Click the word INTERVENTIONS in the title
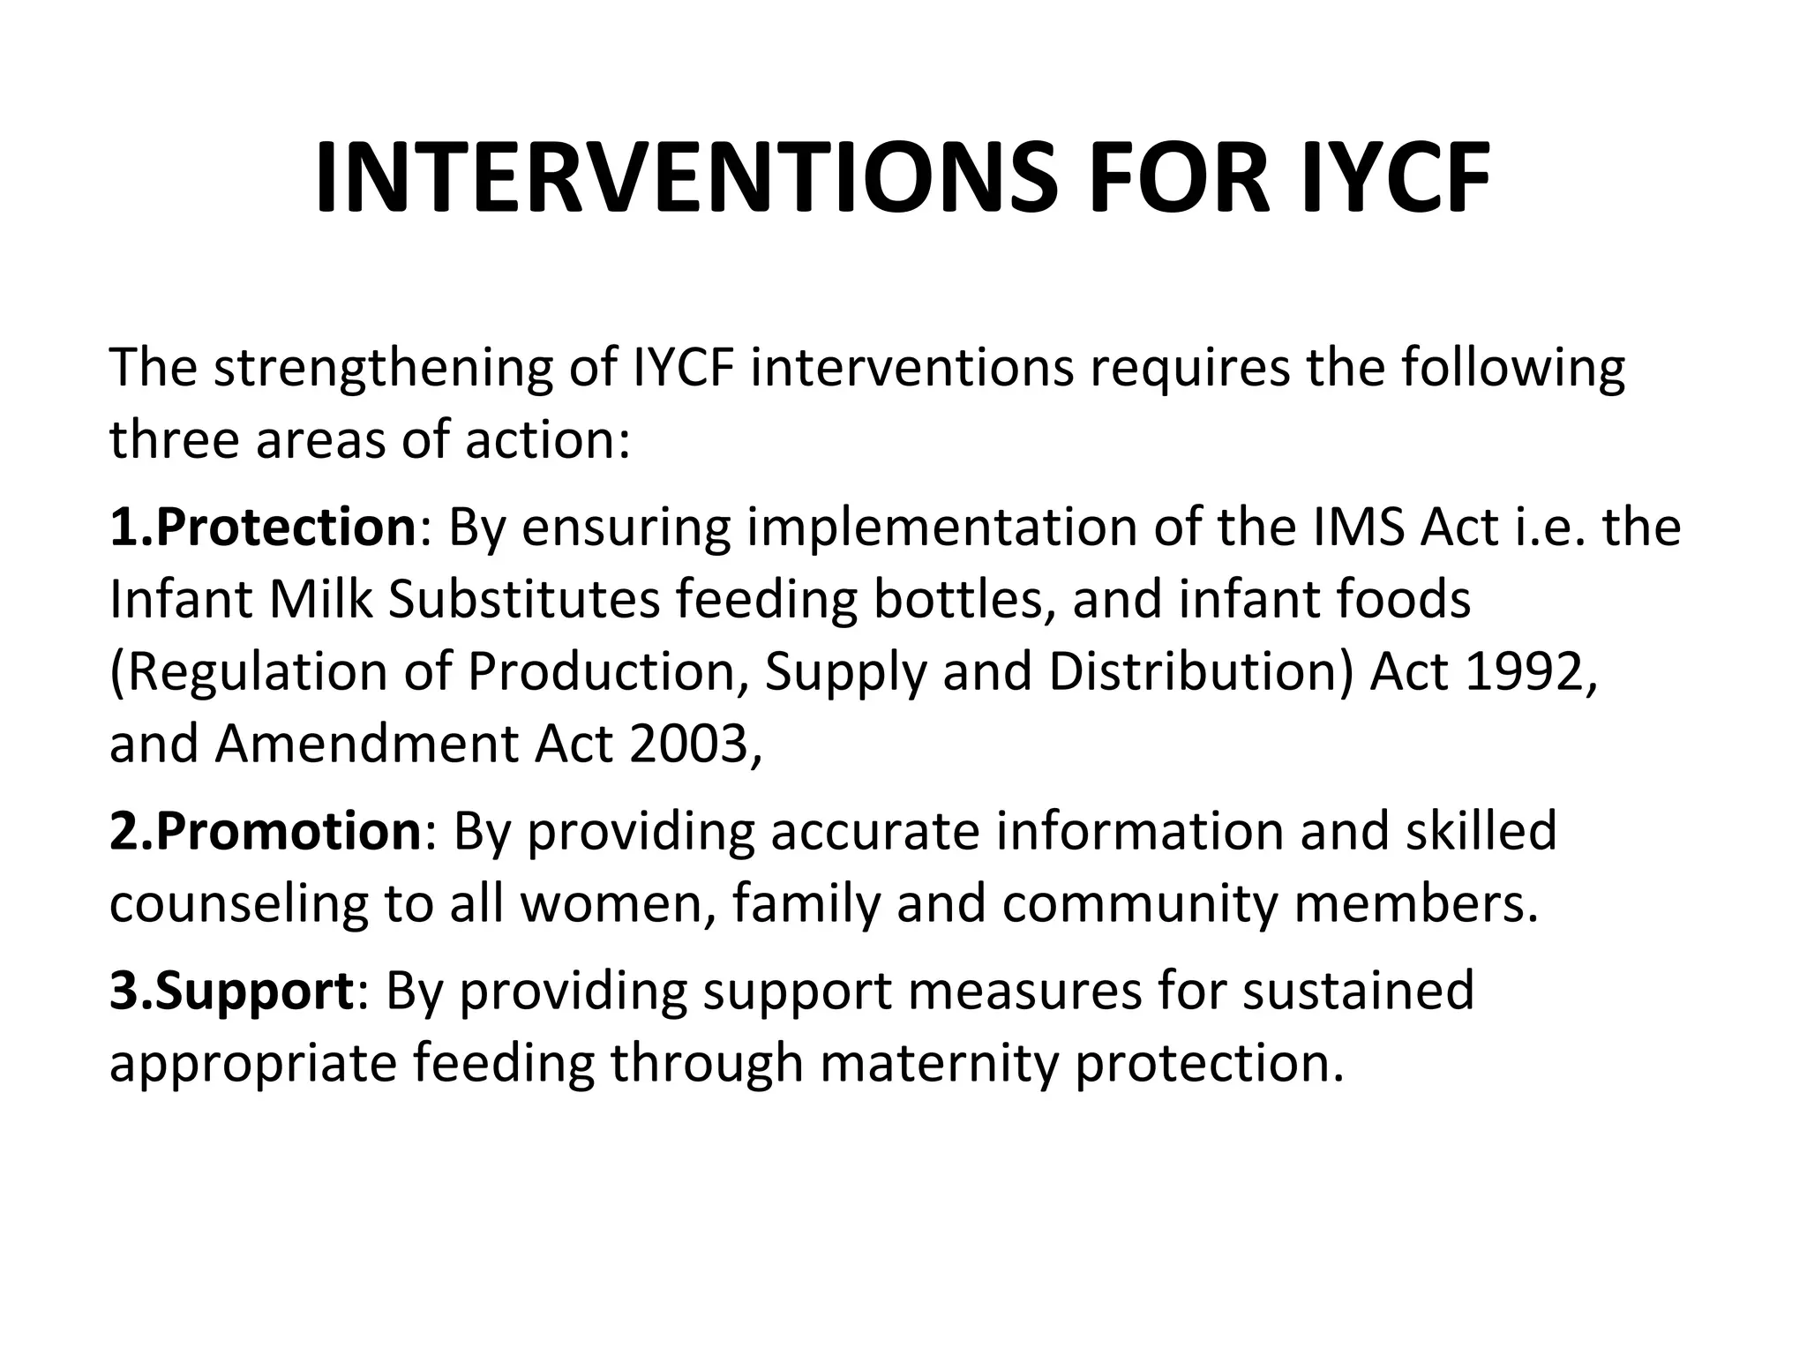[686, 178]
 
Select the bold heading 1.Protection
[262, 528]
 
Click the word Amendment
[367, 744]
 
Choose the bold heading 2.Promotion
[266, 832]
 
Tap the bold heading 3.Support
[232, 991]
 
